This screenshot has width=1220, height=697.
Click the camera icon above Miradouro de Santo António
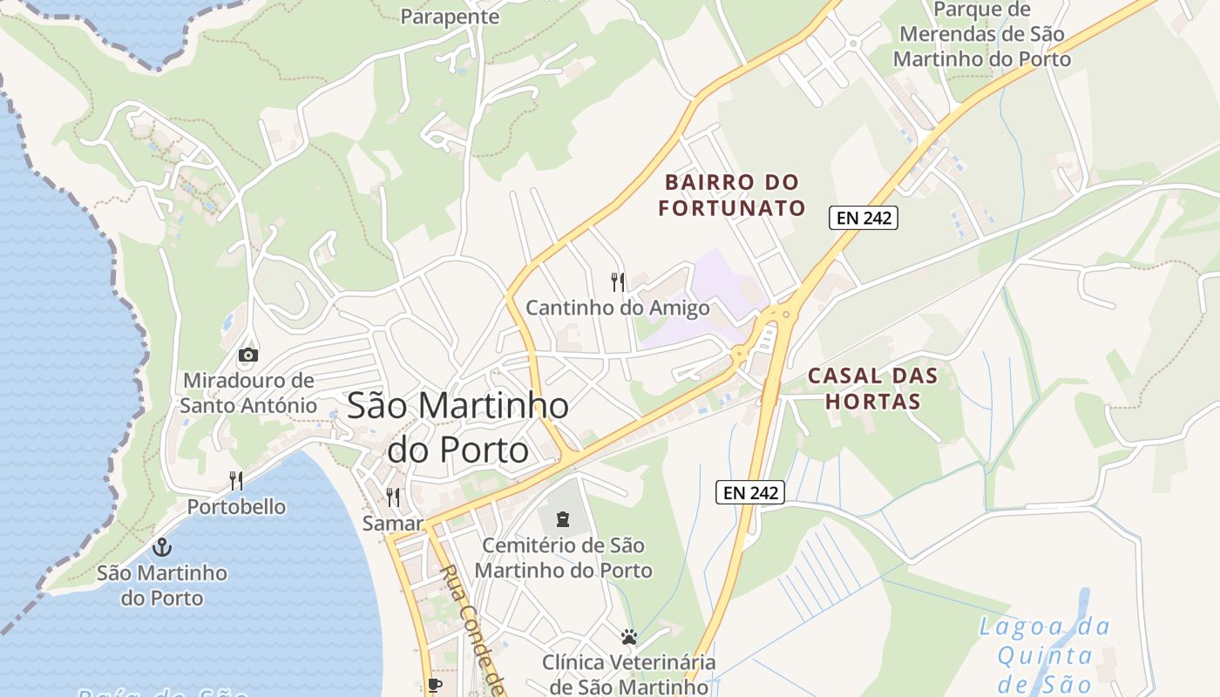[x=248, y=355]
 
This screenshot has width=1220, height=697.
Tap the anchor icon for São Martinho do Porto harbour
[x=161, y=547]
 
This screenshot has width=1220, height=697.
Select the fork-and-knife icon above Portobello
[x=235, y=480]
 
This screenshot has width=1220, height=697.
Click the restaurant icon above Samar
[x=393, y=497]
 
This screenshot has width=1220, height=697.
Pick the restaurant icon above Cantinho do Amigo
[x=618, y=281]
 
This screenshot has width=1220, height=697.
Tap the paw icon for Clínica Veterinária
[x=629, y=637]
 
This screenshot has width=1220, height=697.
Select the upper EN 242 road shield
[x=863, y=218]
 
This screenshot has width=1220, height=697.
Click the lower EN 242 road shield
[x=750, y=492]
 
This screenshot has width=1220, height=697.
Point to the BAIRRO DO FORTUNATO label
[x=731, y=195]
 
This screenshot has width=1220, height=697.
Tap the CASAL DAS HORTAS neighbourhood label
[x=872, y=389]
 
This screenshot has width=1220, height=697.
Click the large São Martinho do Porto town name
[x=458, y=427]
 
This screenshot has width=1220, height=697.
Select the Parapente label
[x=450, y=17]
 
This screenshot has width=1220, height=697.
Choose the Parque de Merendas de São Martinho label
[x=982, y=35]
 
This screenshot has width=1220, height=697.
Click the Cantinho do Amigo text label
[x=617, y=308]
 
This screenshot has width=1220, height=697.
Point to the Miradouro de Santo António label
[x=248, y=393]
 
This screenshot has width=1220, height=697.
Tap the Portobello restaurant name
[x=236, y=506]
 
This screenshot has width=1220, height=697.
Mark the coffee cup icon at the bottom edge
[x=434, y=686]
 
